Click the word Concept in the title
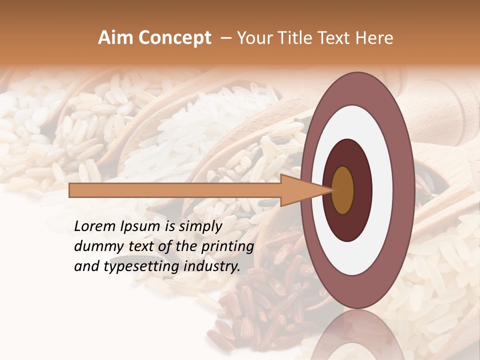pyautogui.click(x=174, y=38)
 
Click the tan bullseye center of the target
pyautogui.click(x=342, y=190)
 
